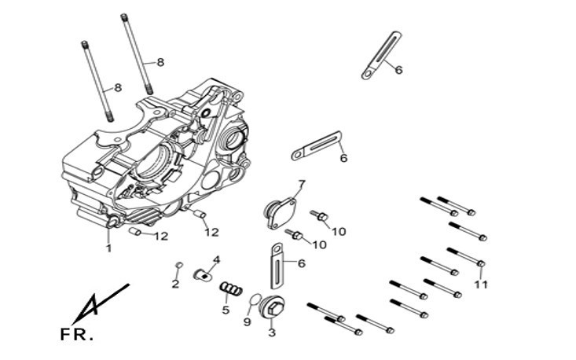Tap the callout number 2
point(175,284)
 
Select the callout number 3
point(272,333)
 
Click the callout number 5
point(226,310)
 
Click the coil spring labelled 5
point(229,290)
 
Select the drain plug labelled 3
point(271,309)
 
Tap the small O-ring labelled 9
point(253,301)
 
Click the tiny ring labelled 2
point(178,263)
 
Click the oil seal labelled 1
point(112,225)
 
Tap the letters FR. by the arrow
point(76,335)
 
